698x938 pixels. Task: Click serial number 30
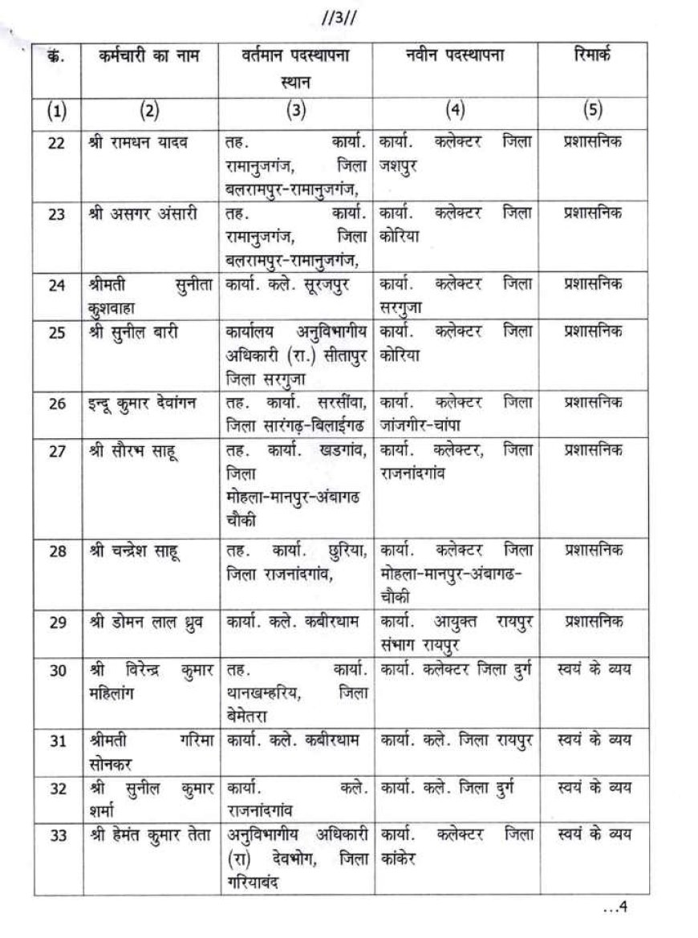coord(57,672)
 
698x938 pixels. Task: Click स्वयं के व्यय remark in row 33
coord(593,835)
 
